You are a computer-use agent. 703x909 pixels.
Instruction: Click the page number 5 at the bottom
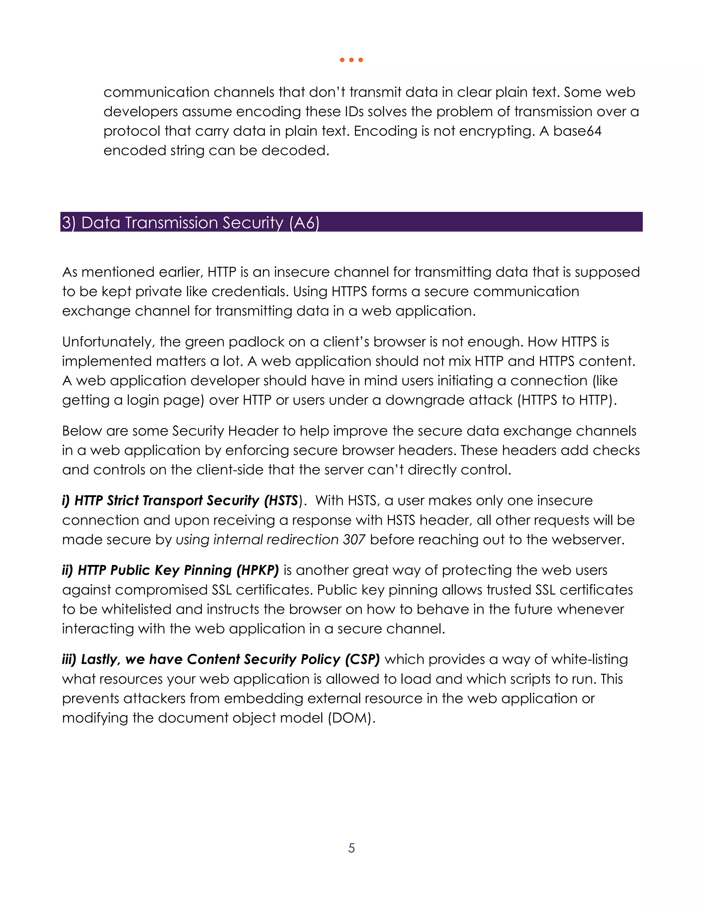(351, 848)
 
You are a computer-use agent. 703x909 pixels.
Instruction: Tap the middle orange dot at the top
(351, 60)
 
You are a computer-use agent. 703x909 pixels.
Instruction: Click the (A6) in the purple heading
(304, 223)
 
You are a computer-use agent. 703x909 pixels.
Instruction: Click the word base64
(577, 131)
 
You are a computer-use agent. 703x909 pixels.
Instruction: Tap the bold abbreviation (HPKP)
(257, 570)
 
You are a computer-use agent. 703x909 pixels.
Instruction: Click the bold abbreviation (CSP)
(362, 659)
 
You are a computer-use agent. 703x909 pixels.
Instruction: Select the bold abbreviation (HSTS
(281, 500)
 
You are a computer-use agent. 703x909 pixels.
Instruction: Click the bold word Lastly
(100, 659)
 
